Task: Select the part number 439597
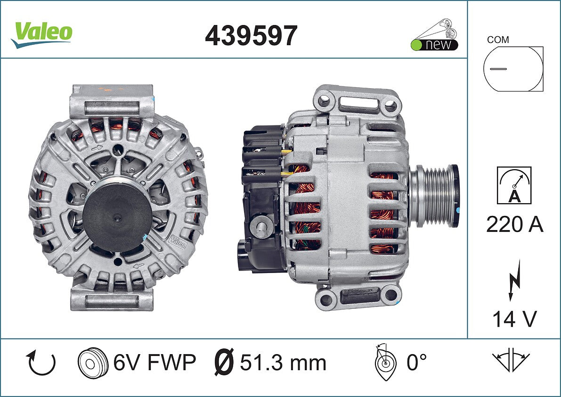coord(251,35)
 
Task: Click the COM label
coord(498,40)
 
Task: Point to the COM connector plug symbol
coord(513,68)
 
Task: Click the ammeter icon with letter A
coord(514,185)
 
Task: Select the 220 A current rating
coord(514,225)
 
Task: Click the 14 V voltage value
coord(514,319)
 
